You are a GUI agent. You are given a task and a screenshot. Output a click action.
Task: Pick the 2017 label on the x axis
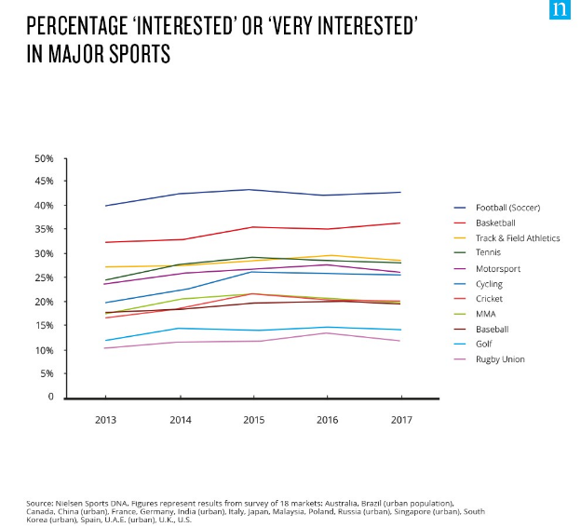[400, 419]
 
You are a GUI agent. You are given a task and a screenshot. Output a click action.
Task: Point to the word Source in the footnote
[41, 503]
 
